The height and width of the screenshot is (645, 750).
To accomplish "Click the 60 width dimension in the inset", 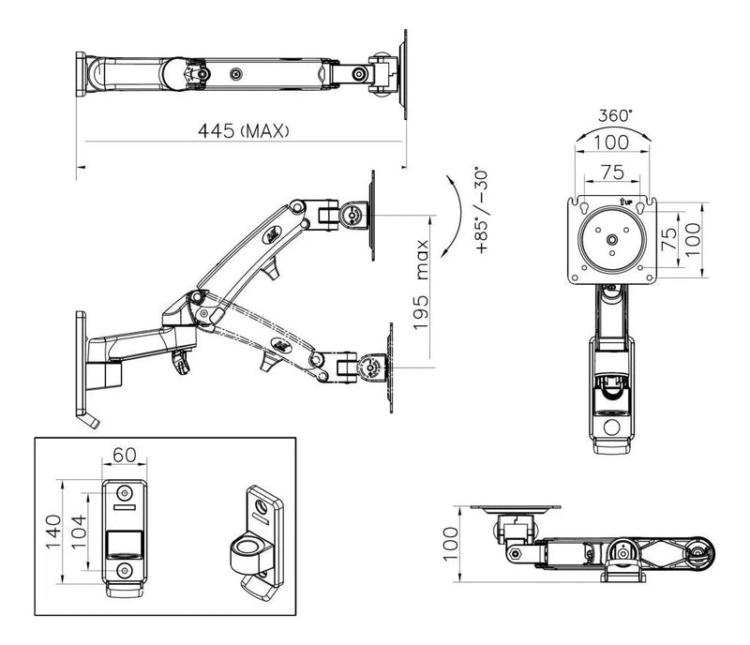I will coord(125,455).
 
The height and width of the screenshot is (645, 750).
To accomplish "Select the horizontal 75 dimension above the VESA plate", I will coord(612,171).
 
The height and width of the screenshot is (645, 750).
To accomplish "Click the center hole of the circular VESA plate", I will coord(611,239).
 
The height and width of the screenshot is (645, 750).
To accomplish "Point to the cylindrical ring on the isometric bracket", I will coord(248,549).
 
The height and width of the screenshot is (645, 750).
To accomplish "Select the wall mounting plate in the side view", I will coord(82,364).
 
